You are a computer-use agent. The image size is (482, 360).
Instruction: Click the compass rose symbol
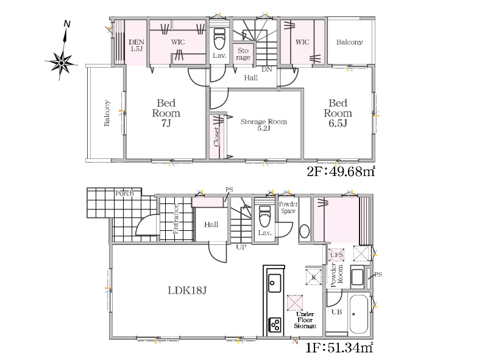click(x=61, y=63)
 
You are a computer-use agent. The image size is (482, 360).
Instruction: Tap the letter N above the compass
click(x=66, y=24)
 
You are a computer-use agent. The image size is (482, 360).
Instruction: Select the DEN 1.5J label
click(x=136, y=45)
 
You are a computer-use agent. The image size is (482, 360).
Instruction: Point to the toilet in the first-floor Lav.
click(x=264, y=216)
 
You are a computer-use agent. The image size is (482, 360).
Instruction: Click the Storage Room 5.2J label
click(x=264, y=124)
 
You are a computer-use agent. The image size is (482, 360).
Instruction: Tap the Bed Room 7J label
click(x=166, y=113)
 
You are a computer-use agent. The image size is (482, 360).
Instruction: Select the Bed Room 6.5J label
click(x=338, y=113)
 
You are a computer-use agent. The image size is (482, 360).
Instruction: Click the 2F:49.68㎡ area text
click(x=341, y=171)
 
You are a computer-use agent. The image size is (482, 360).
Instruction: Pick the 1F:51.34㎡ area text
click(x=339, y=348)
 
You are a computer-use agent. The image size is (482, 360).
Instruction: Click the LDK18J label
click(x=187, y=291)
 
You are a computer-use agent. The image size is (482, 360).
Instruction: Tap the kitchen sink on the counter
click(x=274, y=283)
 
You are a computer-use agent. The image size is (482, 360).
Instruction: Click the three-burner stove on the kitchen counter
click(x=275, y=325)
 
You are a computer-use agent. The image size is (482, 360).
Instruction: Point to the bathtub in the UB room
click(x=359, y=314)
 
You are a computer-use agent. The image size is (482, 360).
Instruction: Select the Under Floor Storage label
click(x=305, y=320)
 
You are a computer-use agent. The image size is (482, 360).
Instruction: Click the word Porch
click(x=124, y=194)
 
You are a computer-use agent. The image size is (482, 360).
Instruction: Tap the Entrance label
click(x=176, y=219)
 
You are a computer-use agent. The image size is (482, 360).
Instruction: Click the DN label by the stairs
click(x=267, y=69)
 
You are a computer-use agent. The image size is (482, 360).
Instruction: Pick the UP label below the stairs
click(x=241, y=247)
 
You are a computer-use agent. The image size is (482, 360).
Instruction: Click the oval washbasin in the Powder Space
click(x=304, y=231)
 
